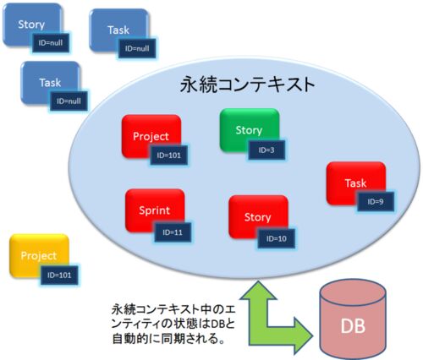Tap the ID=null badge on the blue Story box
point(51,43)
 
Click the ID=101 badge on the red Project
point(169,155)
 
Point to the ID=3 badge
point(266,150)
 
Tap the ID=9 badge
point(376,202)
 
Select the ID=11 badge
point(173,232)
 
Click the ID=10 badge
point(277,238)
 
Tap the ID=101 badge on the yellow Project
point(59,275)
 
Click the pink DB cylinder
point(353,320)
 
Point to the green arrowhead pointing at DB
point(303,335)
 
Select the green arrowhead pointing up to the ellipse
point(258,290)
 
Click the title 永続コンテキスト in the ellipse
point(247,85)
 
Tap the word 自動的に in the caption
point(136,339)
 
